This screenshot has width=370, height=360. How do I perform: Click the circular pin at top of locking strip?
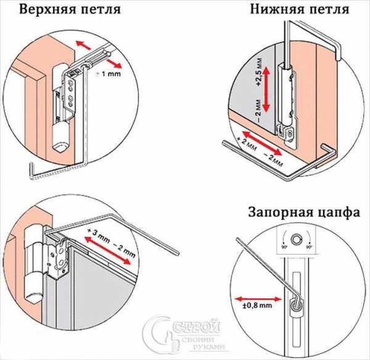[298, 239]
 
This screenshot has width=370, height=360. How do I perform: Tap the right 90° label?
[311, 247]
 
